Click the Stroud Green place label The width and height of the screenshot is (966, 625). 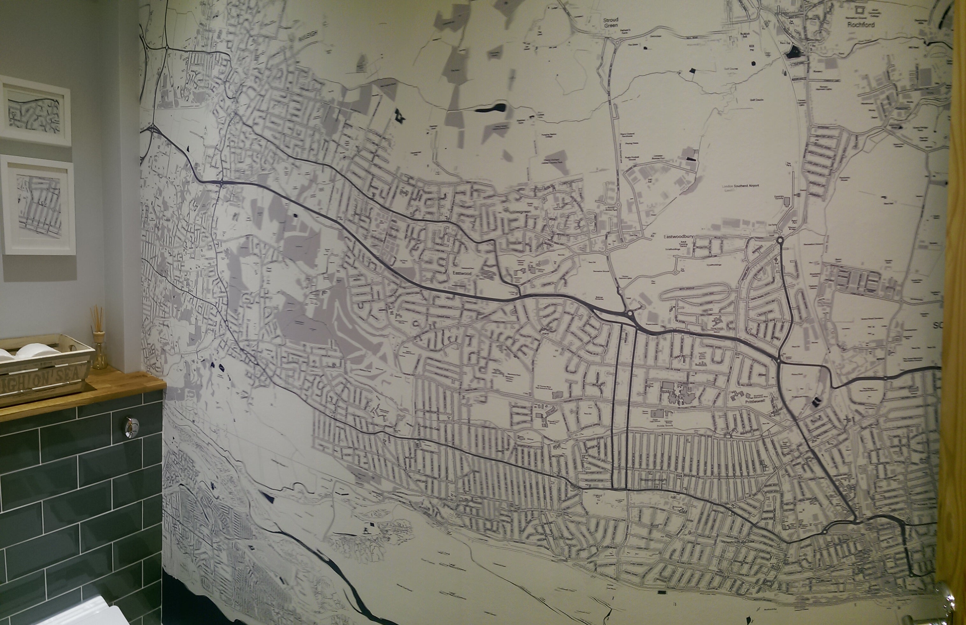pos(610,22)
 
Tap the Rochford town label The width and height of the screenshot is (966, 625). pos(858,24)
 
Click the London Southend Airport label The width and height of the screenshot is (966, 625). pos(740,186)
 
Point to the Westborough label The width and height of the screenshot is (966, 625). pos(653,480)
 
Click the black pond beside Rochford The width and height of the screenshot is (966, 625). pos(795,52)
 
